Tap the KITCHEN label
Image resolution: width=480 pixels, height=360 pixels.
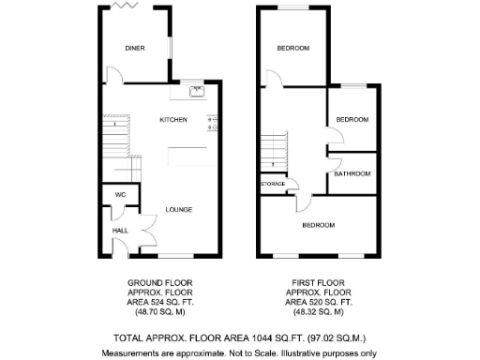click(x=173, y=120)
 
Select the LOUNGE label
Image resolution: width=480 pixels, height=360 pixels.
click(x=179, y=209)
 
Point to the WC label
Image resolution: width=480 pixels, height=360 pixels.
click(x=120, y=194)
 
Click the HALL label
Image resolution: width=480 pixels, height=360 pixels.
click(x=120, y=230)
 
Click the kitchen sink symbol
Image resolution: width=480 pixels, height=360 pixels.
click(x=197, y=91)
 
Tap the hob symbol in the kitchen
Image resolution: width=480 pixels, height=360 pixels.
click(x=213, y=122)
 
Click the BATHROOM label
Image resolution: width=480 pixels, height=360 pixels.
click(x=352, y=173)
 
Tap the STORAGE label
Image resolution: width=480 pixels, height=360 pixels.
click(x=273, y=184)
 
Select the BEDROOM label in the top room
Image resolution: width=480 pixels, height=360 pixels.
click(x=292, y=49)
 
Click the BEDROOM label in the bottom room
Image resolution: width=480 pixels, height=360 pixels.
click(x=318, y=225)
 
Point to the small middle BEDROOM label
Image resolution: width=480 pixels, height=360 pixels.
click(x=352, y=120)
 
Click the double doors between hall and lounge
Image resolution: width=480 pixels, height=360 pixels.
click(x=142, y=229)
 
